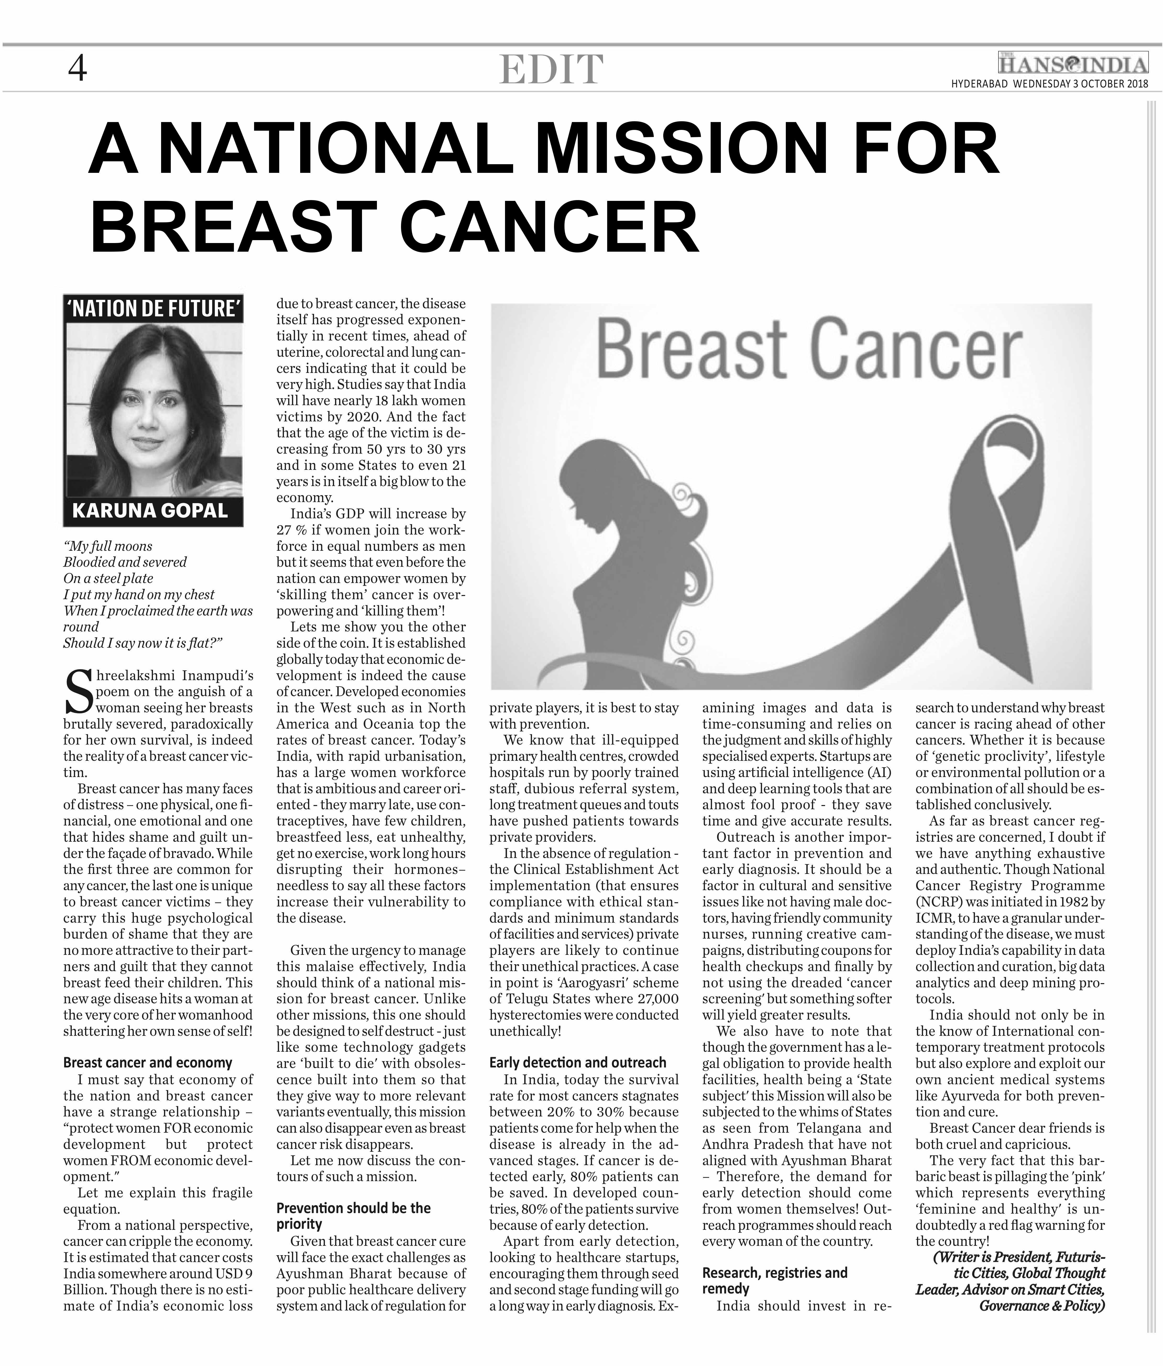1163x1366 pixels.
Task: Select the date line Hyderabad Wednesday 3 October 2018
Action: pyautogui.click(x=1049, y=84)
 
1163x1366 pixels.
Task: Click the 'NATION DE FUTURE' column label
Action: pyautogui.click(x=153, y=309)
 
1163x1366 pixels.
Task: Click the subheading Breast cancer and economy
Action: pyautogui.click(x=148, y=1063)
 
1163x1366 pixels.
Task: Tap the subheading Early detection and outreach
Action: pyautogui.click(x=578, y=1063)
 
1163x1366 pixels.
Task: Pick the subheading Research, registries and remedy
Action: pyautogui.click(x=775, y=1280)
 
